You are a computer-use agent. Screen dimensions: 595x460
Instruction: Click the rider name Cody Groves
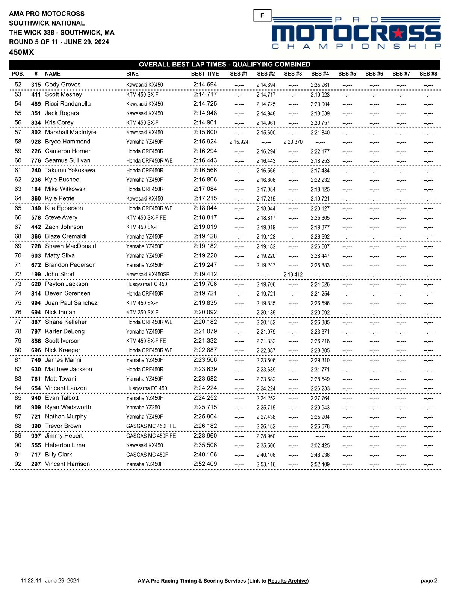pyautogui.click(x=63, y=85)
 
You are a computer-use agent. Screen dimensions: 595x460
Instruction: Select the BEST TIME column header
pyautogui.click(x=205, y=74)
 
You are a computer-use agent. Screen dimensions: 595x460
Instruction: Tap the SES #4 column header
pyautogui.click(x=320, y=74)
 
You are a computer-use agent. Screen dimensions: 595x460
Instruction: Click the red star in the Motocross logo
pyautogui.click(x=398, y=33)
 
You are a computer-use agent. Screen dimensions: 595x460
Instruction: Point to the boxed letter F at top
pyautogui.click(x=262, y=15)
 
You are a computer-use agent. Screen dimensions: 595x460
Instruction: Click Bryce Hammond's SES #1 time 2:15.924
pyautogui.click(x=239, y=142)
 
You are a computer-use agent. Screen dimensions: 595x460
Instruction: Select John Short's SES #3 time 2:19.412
pyautogui.click(x=293, y=275)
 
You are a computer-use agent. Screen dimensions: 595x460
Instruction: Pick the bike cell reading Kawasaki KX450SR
pyautogui.click(x=148, y=275)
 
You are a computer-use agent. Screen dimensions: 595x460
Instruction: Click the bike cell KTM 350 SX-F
pyautogui.click(x=142, y=313)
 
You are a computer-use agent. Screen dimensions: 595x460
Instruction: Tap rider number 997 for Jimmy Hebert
pyautogui.click(x=36, y=436)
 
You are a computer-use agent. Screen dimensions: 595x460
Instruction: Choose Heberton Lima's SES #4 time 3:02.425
pyautogui.click(x=320, y=445)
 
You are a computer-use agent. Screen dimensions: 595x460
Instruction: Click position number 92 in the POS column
pyautogui.click(x=18, y=464)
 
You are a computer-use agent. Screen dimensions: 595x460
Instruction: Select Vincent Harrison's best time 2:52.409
pyautogui.click(x=205, y=464)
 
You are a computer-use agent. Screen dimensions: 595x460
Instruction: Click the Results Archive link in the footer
pyautogui.click(x=287, y=581)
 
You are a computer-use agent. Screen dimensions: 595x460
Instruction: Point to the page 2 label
pyautogui.click(x=429, y=581)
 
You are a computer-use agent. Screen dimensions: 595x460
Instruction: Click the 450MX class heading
pyautogui.click(x=21, y=52)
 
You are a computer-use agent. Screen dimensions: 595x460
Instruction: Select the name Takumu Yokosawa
pyautogui.click(x=70, y=170)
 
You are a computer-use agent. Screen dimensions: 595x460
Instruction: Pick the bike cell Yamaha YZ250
pyautogui.click(x=143, y=408)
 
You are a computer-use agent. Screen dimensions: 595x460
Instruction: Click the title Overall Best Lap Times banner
pyautogui.click(x=225, y=64)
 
